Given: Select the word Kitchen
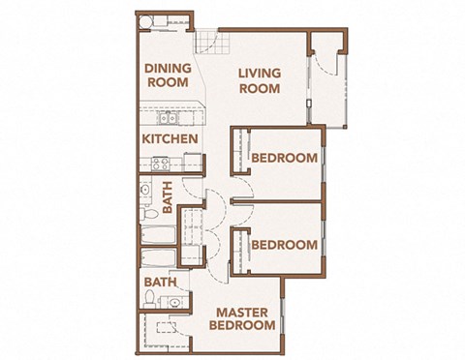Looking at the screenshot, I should coord(170,139).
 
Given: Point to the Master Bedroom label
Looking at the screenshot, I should coord(241,319).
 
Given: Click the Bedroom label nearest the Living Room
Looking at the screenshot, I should coord(284,158).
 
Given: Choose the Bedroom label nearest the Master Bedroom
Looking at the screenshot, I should coord(284,245).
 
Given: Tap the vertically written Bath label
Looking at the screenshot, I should coord(168,197).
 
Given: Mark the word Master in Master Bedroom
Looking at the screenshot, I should coord(242,312).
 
